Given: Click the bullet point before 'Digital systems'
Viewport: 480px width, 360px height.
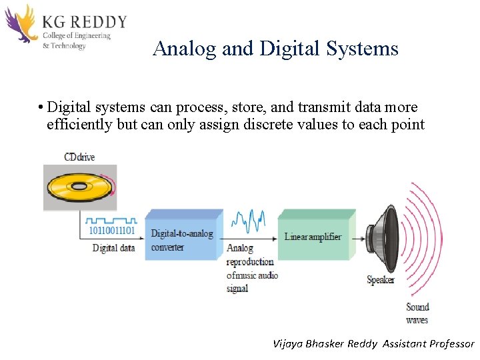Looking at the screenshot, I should (41, 108).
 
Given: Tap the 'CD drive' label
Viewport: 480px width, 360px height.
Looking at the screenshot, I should (79, 157).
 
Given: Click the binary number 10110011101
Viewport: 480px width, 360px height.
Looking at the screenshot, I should (112, 231).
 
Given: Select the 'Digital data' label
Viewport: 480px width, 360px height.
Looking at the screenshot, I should (113, 248).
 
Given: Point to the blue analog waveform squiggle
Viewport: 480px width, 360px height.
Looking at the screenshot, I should (248, 219).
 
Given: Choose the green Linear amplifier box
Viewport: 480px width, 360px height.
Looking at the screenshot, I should (313, 237).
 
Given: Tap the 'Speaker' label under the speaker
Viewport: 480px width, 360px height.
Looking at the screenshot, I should (381, 280).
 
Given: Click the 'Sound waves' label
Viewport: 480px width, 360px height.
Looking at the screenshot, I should (417, 313).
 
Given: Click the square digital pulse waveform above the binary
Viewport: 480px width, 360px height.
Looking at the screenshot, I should (112, 219).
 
